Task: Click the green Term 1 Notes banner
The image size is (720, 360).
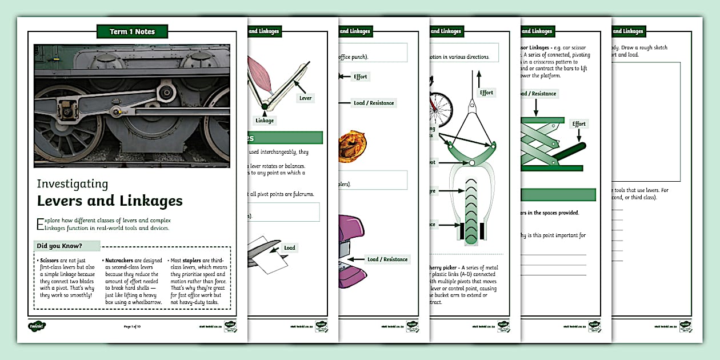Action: [132, 31]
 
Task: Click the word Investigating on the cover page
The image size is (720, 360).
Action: [72, 183]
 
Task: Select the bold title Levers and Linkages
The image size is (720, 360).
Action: [110, 201]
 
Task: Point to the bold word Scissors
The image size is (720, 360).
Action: [50, 260]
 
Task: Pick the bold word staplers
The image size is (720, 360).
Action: [193, 260]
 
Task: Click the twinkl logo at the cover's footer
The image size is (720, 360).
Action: [37, 326]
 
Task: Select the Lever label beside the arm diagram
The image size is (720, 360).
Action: [305, 98]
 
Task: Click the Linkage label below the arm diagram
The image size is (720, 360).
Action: [265, 120]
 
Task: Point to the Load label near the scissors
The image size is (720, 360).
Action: [290, 247]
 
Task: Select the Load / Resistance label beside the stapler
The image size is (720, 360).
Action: [387, 259]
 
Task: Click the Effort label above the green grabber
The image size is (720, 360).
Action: [486, 93]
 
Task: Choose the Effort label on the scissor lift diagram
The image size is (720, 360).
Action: [579, 123]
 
